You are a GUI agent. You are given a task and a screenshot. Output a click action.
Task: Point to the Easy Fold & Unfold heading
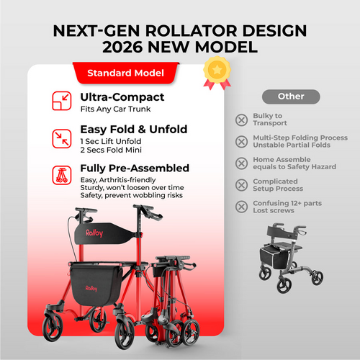tap(134, 130)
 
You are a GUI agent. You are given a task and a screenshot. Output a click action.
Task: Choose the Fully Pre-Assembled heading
tap(135, 168)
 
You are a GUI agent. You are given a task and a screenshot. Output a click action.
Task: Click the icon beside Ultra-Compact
tap(61, 102)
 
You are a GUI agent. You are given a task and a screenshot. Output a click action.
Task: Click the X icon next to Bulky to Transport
tap(240, 119)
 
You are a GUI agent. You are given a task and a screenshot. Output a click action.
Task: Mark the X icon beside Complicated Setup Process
tap(240, 186)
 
